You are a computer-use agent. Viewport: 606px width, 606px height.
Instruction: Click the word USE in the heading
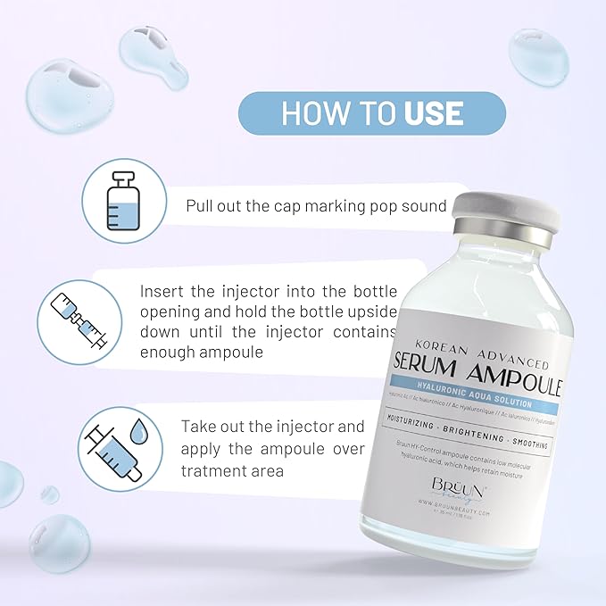[433, 113]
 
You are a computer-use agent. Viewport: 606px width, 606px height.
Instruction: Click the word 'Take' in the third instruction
[198, 427]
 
